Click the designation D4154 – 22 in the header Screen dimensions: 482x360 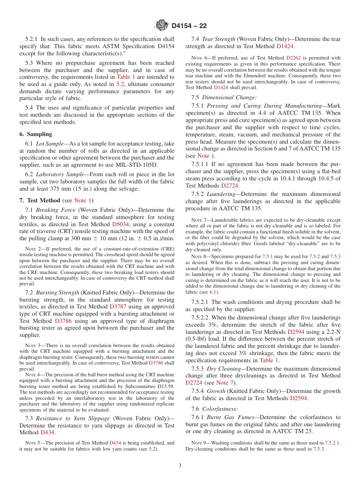(x=189, y=26)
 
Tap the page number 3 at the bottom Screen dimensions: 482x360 (x=180, y=466)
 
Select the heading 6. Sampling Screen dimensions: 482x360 (x=36, y=134)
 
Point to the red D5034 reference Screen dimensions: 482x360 (x=121, y=224)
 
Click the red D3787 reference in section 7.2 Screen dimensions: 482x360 (x=117, y=307)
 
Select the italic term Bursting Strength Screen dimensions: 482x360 (x=58, y=293)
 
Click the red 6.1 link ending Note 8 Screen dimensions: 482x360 (x=213, y=292)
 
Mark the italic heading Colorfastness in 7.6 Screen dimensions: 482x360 (x=220, y=409)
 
